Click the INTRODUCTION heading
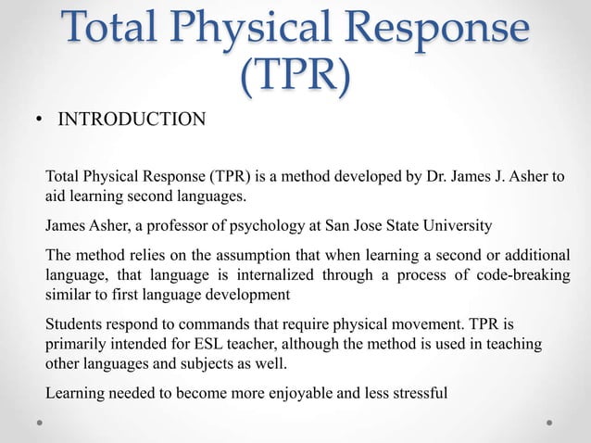(x=132, y=120)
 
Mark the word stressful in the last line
(x=416, y=392)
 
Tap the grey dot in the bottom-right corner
(x=549, y=421)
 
